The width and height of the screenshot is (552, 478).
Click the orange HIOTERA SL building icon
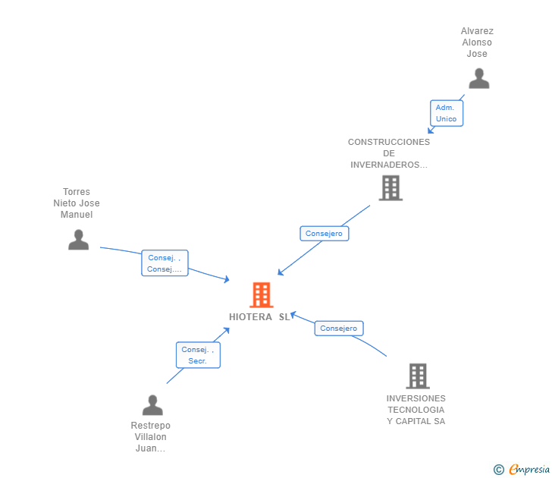[x=261, y=295]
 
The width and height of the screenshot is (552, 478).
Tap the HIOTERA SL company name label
[x=259, y=317]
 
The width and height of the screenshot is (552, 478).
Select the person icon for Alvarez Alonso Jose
[x=478, y=79]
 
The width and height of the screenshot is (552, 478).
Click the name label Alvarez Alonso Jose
[x=477, y=42]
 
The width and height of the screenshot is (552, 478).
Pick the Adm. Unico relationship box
[x=446, y=113]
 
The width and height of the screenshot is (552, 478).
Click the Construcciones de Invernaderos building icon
[x=390, y=188]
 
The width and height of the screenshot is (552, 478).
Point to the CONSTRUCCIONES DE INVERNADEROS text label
[x=389, y=153]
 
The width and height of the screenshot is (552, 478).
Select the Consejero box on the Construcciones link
[x=324, y=234]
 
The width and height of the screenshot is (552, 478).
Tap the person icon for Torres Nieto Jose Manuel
[x=78, y=240]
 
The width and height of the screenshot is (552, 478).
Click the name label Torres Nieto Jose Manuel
[x=77, y=203]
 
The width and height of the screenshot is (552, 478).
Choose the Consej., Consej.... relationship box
[x=165, y=263]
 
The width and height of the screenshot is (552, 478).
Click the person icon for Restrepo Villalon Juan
[x=152, y=405]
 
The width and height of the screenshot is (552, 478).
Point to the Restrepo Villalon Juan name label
[x=150, y=437]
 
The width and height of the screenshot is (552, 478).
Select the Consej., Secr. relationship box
[x=198, y=355]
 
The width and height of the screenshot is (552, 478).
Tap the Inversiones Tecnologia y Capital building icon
[x=417, y=376]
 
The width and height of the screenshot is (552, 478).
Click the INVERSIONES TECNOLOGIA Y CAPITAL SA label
[x=416, y=410]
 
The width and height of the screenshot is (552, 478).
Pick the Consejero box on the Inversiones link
[x=338, y=329]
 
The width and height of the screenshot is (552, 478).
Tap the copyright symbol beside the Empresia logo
[x=498, y=470]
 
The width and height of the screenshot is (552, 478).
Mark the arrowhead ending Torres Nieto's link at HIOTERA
[x=226, y=279]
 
